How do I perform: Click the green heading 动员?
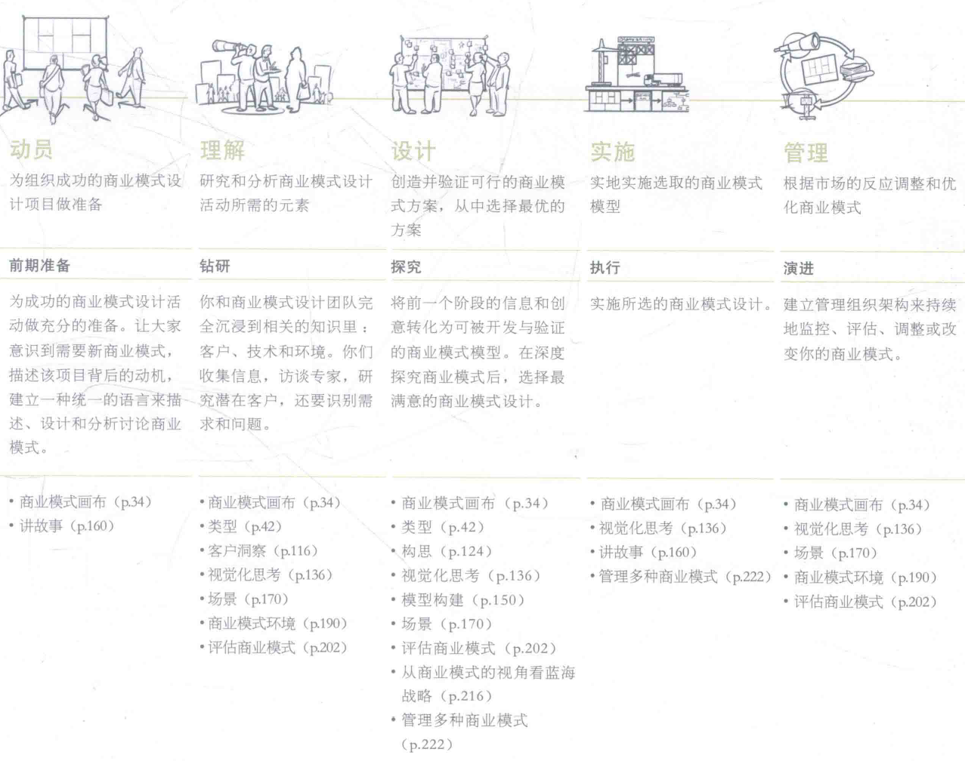pos(31,149)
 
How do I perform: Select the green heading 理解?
pos(222,150)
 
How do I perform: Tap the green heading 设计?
pos(413,151)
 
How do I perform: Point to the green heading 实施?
pos(612,152)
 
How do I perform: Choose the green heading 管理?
pos(806,153)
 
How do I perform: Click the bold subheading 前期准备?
pos(39,265)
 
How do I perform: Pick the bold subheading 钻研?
pos(215,266)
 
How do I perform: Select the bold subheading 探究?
pos(406,267)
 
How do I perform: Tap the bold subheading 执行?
pos(605,267)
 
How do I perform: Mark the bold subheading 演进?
pos(798,268)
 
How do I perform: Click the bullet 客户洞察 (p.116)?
pos(262,551)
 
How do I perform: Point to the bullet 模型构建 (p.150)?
pos(462,600)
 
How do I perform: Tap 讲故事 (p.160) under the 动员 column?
pos(66,526)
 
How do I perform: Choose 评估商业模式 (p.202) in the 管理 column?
pos(865,602)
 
